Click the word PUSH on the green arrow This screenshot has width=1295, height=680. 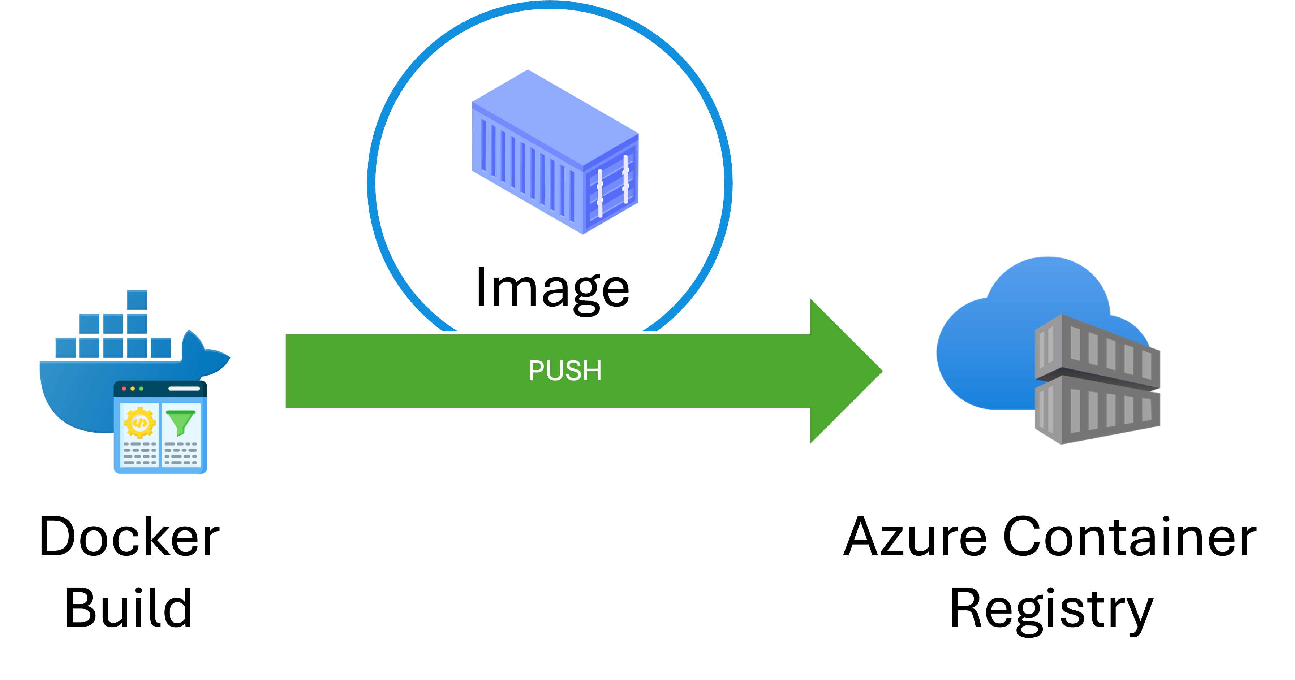(x=564, y=371)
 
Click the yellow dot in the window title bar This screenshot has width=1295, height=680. (x=133, y=389)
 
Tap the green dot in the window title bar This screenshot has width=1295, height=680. (x=141, y=389)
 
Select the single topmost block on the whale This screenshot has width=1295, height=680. (x=136, y=299)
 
